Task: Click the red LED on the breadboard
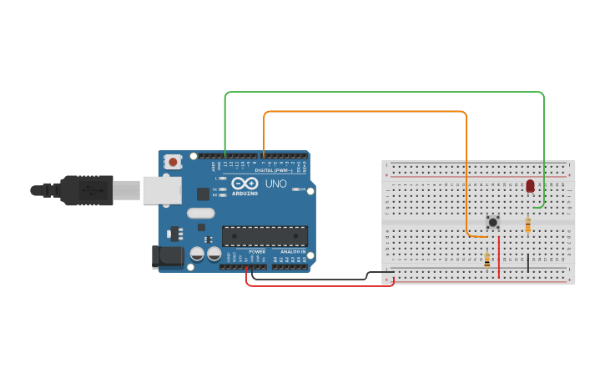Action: point(530,185)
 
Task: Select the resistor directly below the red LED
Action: point(527,224)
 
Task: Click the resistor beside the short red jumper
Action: point(487,260)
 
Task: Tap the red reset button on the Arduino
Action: point(173,162)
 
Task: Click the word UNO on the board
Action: point(275,184)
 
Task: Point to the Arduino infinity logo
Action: point(245,184)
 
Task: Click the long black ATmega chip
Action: point(264,236)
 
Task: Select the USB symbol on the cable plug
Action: point(88,190)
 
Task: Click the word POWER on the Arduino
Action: point(257,251)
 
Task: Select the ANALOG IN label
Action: point(292,251)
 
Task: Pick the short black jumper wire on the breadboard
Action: point(527,263)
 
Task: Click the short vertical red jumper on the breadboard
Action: point(499,257)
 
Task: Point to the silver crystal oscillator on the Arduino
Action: point(201,213)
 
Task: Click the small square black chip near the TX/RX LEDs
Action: point(203,194)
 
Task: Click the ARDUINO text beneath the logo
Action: point(245,193)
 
